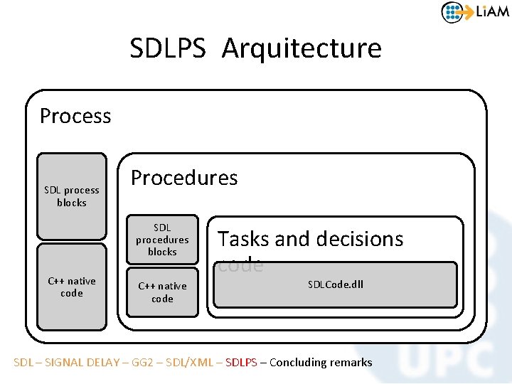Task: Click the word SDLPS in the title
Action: tap(167, 48)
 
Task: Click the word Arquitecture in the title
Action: tap(302, 48)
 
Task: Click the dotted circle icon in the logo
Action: tap(453, 12)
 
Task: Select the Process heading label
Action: tap(75, 116)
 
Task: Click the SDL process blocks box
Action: tap(72, 196)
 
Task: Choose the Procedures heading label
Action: tap(184, 178)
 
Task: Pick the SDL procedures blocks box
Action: tap(162, 240)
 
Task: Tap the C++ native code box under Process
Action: tap(72, 287)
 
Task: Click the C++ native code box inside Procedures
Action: tap(162, 292)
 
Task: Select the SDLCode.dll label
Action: tap(336, 284)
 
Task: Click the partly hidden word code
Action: tap(240, 265)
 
